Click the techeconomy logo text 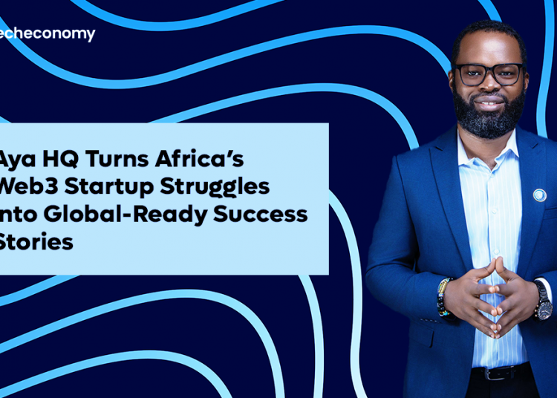point(48,34)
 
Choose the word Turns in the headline point(119,160)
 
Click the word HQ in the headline point(63,160)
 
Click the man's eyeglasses point(488,74)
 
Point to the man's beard point(489,119)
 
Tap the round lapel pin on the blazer point(539,195)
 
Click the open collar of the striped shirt point(487,152)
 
